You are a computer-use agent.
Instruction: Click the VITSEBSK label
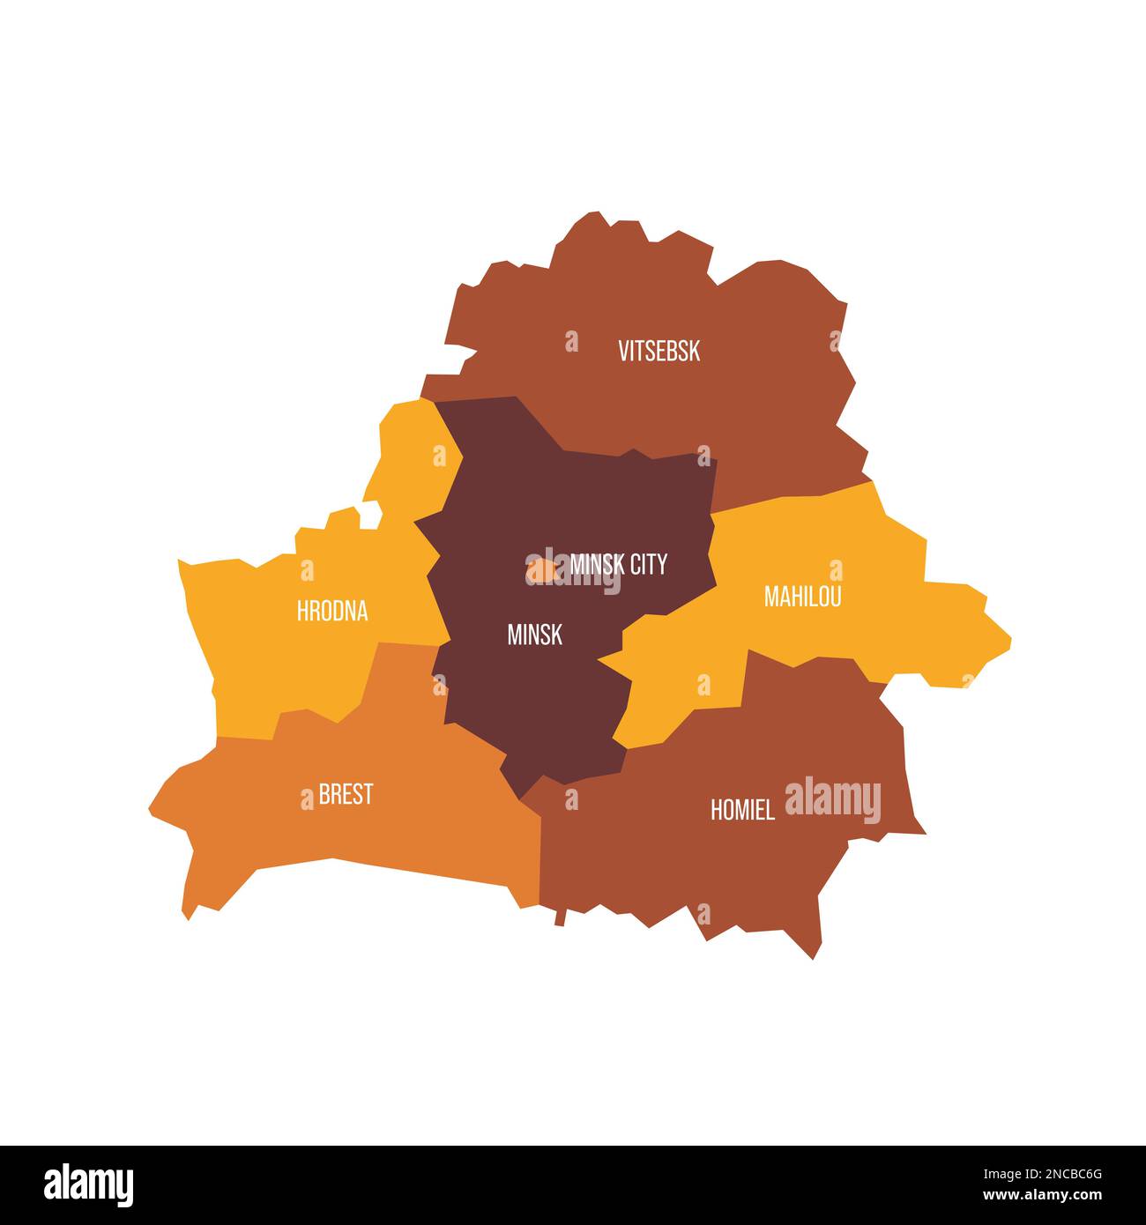point(659,351)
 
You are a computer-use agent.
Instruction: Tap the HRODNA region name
point(331,611)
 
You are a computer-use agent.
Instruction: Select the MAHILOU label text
point(802,597)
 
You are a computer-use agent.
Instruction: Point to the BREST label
point(346,794)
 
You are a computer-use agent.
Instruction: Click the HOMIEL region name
point(742,810)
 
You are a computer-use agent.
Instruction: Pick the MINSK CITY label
point(619,564)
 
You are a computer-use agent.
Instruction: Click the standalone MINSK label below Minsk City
point(534,635)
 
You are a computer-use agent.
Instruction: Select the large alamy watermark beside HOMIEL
point(832,800)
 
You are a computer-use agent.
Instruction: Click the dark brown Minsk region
point(547,696)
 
